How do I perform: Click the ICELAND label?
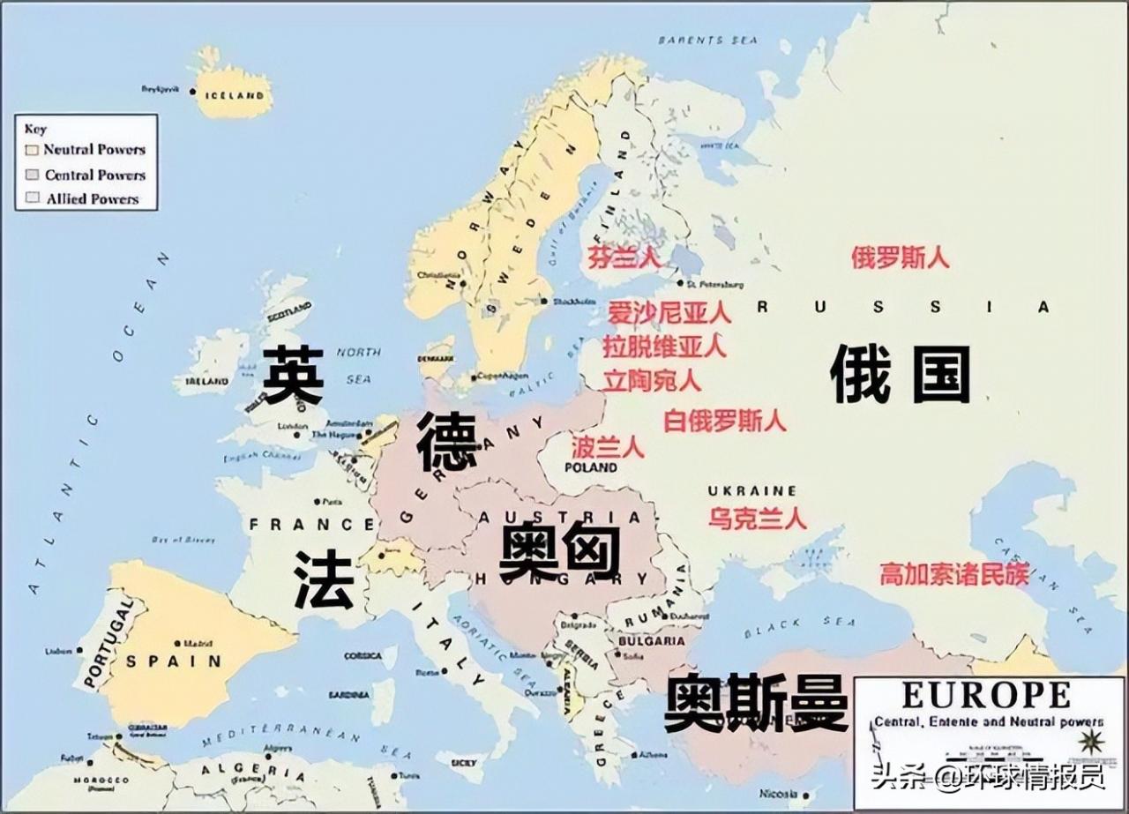234,95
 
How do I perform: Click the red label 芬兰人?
624,258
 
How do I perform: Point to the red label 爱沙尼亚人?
669,312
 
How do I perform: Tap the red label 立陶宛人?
653,380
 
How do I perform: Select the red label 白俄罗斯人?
724,420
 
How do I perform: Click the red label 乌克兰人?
757,518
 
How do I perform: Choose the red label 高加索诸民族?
954,575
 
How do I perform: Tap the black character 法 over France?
324,582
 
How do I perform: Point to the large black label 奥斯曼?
756,703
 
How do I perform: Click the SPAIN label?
173,661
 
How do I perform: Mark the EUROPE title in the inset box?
986,696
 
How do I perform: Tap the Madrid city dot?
178,643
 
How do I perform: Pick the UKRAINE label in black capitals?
752,491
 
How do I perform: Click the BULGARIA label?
654,641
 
